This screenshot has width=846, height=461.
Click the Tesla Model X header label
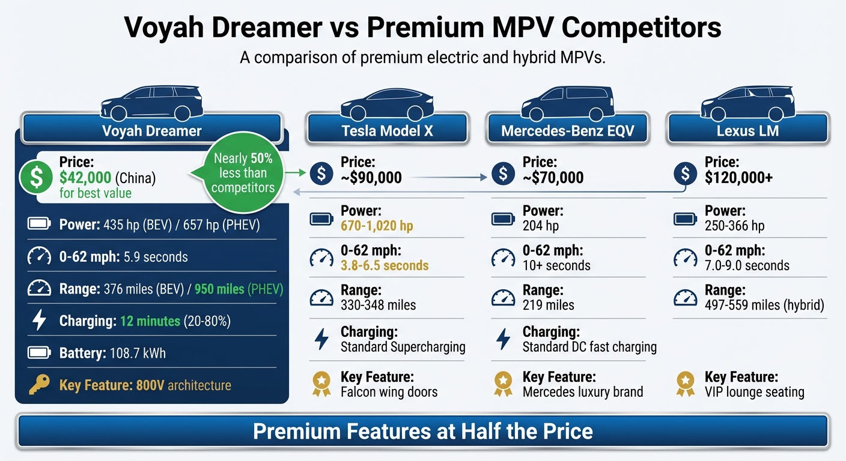click(386, 130)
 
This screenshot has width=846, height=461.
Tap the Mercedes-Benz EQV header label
click(568, 130)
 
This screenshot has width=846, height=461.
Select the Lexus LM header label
click(747, 130)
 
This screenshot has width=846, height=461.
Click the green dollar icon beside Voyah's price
click(36, 178)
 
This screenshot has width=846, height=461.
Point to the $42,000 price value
click(85, 178)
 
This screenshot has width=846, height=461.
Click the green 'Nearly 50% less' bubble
click(243, 174)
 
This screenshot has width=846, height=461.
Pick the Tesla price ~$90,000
click(371, 178)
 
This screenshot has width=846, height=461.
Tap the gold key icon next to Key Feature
click(39, 385)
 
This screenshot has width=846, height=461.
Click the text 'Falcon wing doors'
click(389, 393)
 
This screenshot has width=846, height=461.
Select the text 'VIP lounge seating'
click(754, 393)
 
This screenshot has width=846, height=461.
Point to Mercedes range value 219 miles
click(548, 305)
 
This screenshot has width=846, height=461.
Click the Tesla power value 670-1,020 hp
click(377, 226)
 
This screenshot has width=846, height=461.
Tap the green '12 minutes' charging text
click(150, 321)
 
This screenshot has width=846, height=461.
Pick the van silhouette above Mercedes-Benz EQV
click(567, 103)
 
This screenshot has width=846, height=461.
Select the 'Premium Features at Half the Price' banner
click(423, 431)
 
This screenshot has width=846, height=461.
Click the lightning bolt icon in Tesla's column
click(321, 339)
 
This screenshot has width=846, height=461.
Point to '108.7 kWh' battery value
click(138, 353)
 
